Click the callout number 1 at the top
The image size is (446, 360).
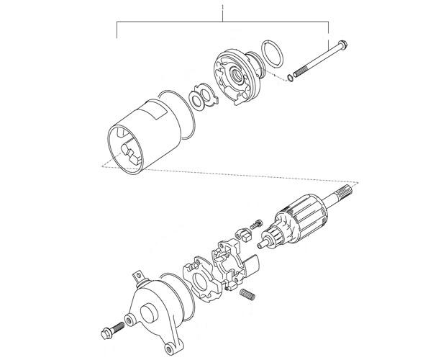(x=223, y=6)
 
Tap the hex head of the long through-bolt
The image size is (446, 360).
(x=342, y=45)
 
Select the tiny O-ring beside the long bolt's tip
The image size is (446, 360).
(x=290, y=78)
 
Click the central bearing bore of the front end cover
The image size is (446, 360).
(x=237, y=75)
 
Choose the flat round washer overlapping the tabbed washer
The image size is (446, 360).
(x=196, y=101)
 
